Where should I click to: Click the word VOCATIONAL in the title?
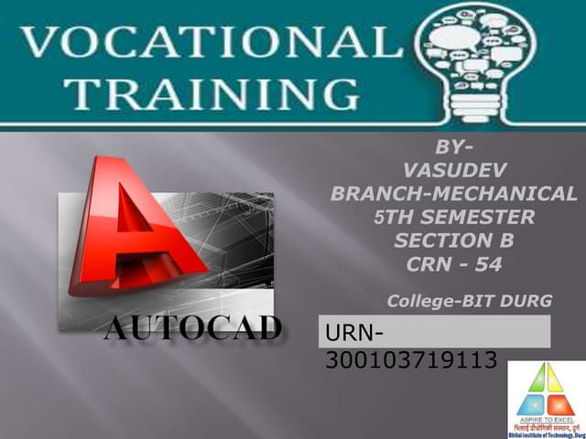pyautogui.click(x=201, y=41)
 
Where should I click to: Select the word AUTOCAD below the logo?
pyautogui.click(x=193, y=328)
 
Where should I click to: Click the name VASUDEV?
pyautogui.click(x=454, y=169)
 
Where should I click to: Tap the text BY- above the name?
pyautogui.click(x=453, y=145)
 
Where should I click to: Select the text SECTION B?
pyautogui.click(x=454, y=241)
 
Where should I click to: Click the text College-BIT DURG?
pyautogui.click(x=470, y=301)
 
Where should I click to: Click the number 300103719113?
pyautogui.click(x=411, y=360)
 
